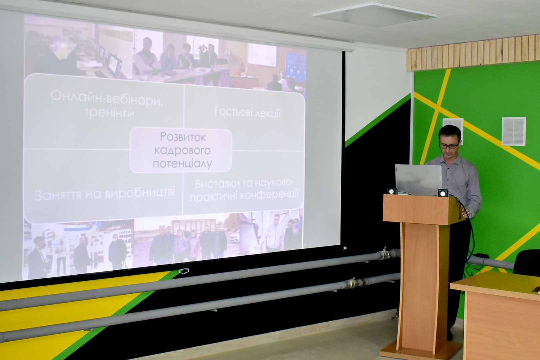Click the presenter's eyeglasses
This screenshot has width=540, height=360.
coord(449,145)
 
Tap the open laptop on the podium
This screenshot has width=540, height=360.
coord(419,180)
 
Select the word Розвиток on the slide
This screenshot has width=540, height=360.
coord(183,137)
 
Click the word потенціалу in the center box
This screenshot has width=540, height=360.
coord(182,164)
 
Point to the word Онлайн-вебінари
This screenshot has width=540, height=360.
coord(107,98)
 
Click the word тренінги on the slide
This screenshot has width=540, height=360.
coord(109,112)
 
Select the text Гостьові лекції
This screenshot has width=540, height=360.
coord(248,112)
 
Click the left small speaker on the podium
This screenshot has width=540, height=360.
coord(392,191)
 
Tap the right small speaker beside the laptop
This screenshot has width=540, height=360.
coord(443,193)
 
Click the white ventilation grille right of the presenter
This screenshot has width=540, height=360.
coord(514,131)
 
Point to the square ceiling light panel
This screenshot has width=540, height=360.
coord(374,14)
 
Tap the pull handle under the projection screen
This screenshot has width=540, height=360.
coord(184,272)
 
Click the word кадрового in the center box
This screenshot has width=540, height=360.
coord(182,151)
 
